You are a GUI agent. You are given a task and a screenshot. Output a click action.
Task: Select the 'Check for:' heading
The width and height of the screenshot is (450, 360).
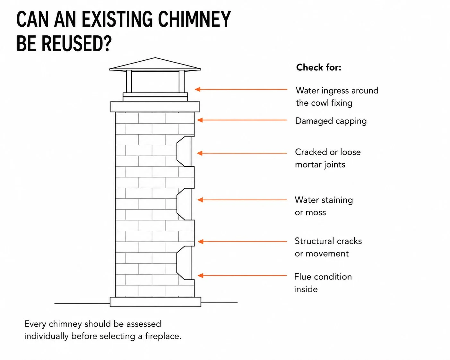coord(319,67)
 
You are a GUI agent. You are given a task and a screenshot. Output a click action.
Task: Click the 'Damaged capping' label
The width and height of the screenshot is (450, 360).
coord(331,121)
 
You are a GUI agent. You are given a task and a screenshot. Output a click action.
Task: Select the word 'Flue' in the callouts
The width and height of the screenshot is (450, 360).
coord(302,277)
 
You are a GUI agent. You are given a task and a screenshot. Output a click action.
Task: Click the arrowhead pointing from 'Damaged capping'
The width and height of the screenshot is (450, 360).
coord(200,120)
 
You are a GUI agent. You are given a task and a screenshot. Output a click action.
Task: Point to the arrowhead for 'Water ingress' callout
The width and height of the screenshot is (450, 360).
coord(198,89)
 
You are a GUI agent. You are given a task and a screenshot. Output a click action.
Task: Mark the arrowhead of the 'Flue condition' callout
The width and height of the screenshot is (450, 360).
coord(200,276)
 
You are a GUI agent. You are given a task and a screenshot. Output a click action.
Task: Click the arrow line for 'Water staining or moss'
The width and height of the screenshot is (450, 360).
coord(242,200)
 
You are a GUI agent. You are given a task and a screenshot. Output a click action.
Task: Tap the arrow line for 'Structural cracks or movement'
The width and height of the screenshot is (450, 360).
coord(242,242)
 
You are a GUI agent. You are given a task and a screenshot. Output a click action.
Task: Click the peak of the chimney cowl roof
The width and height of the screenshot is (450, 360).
coord(155,58)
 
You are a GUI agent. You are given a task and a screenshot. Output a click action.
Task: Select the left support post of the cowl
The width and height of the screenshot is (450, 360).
coord(129,81)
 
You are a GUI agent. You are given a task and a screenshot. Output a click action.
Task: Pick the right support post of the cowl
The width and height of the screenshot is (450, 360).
coord(181,81)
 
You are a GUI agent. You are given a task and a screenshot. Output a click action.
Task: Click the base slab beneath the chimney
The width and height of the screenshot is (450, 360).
coord(155,302)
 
